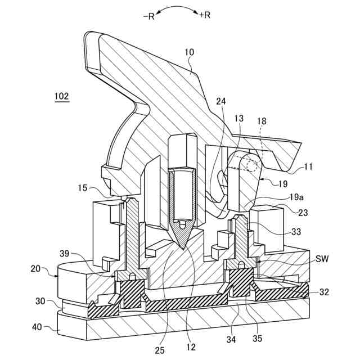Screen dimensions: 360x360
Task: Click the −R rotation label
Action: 149,16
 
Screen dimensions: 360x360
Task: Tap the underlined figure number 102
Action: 61,97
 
